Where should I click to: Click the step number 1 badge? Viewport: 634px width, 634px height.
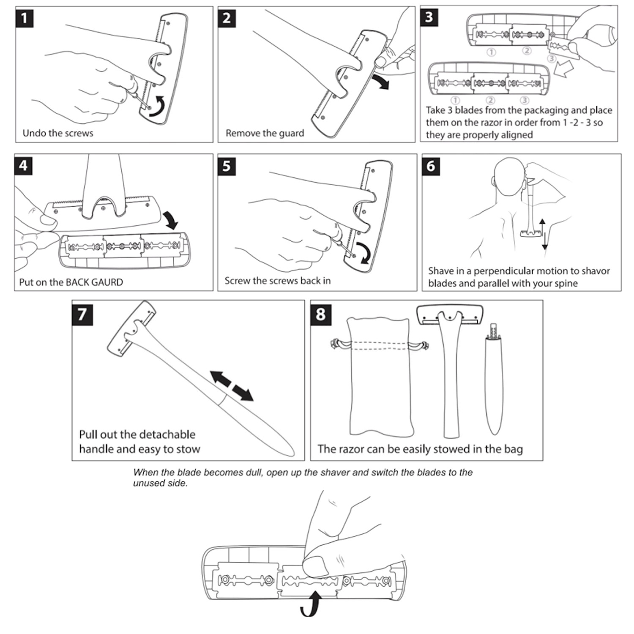click(25, 18)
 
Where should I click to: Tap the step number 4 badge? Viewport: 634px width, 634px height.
click(24, 165)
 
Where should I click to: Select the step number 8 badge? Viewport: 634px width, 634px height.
click(320, 314)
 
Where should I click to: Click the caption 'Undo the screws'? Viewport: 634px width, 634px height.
click(58, 133)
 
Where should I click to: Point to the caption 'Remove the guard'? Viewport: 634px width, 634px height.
click(265, 133)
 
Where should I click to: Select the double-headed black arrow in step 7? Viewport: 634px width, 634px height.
click(232, 385)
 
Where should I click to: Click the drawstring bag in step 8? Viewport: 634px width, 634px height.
click(380, 376)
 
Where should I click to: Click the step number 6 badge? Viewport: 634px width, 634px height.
click(431, 166)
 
